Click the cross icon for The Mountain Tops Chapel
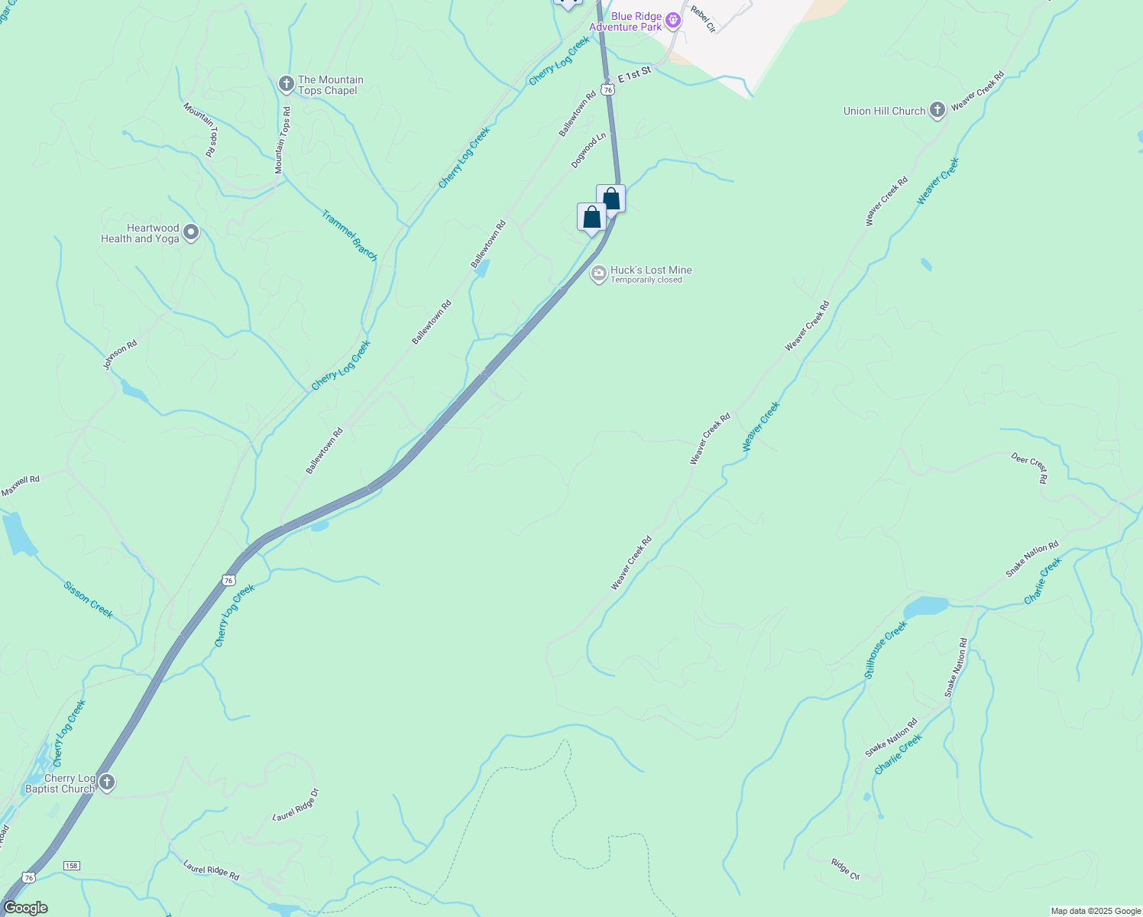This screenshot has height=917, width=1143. [x=287, y=84]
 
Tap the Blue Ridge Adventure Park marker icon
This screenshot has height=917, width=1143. [x=673, y=21]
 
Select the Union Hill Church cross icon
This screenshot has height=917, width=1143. [x=937, y=111]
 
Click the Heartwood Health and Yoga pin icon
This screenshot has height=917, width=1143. [x=191, y=232]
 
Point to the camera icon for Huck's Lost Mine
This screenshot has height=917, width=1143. [x=599, y=273]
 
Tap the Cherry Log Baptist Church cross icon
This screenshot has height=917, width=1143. [x=107, y=783]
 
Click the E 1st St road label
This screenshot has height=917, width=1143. [x=634, y=74]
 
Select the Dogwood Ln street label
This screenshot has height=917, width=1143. [x=588, y=151]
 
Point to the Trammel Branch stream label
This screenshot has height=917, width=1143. [x=350, y=235]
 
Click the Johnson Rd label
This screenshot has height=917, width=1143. [x=120, y=355]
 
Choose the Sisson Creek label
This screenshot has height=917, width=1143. [x=89, y=600]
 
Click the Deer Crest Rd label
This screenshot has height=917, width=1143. [x=1031, y=467]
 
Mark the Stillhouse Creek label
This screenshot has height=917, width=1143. [x=886, y=650]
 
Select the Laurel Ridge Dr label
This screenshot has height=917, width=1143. [x=295, y=805]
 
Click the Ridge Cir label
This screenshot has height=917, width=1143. [x=846, y=869]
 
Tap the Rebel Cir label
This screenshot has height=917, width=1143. [x=702, y=19]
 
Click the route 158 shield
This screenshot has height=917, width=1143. [x=71, y=866]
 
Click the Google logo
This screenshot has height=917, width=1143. [x=25, y=908]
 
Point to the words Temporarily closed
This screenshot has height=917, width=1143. [x=646, y=280]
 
